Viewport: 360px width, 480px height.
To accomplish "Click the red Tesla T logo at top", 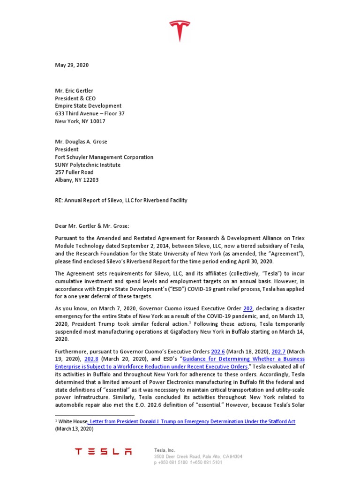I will pyautogui.click(x=180, y=31).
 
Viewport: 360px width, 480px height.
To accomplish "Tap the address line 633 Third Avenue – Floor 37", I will pyautogui.click(x=90, y=113).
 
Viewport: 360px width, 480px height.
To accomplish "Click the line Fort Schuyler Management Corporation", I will pyautogui.click(x=104, y=157).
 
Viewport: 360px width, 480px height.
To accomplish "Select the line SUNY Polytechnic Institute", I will pyautogui.click(x=88, y=165).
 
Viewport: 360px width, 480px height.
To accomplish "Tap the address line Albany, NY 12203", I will pyautogui.click(x=77, y=180).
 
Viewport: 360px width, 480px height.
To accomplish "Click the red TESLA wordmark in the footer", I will pyautogui.click(x=104, y=452).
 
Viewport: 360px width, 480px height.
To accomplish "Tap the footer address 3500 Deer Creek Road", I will pyautogui.click(x=198, y=456).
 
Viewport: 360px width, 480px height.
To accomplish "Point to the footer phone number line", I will pyautogui.click(x=187, y=462).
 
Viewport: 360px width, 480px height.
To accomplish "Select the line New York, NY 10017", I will pyautogui.click(x=80, y=121).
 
